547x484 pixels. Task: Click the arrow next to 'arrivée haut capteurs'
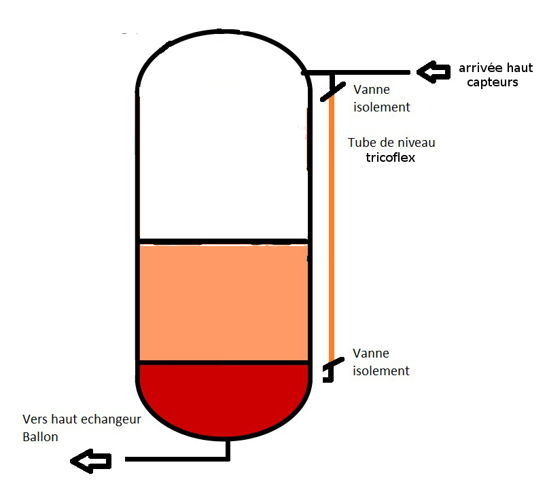click(x=432, y=71)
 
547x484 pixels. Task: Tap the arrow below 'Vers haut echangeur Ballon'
click(x=90, y=462)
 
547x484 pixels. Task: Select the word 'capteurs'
click(x=493, y=82)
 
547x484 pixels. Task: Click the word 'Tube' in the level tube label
click(x=360, y=143)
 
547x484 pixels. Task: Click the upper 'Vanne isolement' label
click(x=381, y=99)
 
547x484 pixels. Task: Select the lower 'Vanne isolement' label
click(x=381, y=362)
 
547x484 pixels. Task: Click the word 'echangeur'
click(x=111, y=419)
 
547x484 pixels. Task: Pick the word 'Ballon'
click(x=40, y=437)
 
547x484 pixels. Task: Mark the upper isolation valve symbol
click(x=331, y=89)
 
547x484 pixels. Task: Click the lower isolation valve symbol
click(x=329, y=371)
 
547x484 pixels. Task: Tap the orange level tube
click(x=332, y=224)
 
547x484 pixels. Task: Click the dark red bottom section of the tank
click(x=224, y=398)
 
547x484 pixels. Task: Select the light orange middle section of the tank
click(x=224, y=302)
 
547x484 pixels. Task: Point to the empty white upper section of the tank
click(x=224, y=156)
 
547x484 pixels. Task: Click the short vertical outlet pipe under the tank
click(x=228, y=449)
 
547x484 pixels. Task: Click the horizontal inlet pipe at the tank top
click(x=360, y=72)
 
